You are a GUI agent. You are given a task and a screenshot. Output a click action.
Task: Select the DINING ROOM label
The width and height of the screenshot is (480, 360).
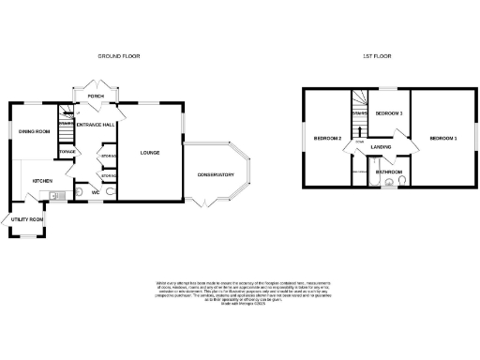click(x=34, y=131)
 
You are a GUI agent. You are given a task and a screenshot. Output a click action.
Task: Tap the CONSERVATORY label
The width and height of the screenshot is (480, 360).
click(x=216, y=173)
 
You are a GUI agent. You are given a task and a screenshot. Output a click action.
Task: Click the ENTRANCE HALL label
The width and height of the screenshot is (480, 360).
click(x=96, y=124)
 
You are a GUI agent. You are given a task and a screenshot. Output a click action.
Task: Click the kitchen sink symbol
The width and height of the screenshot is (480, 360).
click(x=52, y=196)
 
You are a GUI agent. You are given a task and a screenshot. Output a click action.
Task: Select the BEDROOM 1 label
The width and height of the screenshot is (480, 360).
click(x=443, y=138)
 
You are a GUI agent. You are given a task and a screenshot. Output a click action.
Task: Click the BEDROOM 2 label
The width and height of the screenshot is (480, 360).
click(x=325, y=138)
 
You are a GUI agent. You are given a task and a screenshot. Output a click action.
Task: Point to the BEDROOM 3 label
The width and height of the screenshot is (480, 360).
click(x=388, y=113)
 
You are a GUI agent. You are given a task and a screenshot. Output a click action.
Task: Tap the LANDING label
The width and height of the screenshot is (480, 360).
click(x=381, y=147)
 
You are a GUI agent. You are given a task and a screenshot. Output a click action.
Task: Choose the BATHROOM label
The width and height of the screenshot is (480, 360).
click(x=389, y=172)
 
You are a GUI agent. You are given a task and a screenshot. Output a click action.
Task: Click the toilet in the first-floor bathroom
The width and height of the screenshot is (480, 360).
click(x=400, y=184)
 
